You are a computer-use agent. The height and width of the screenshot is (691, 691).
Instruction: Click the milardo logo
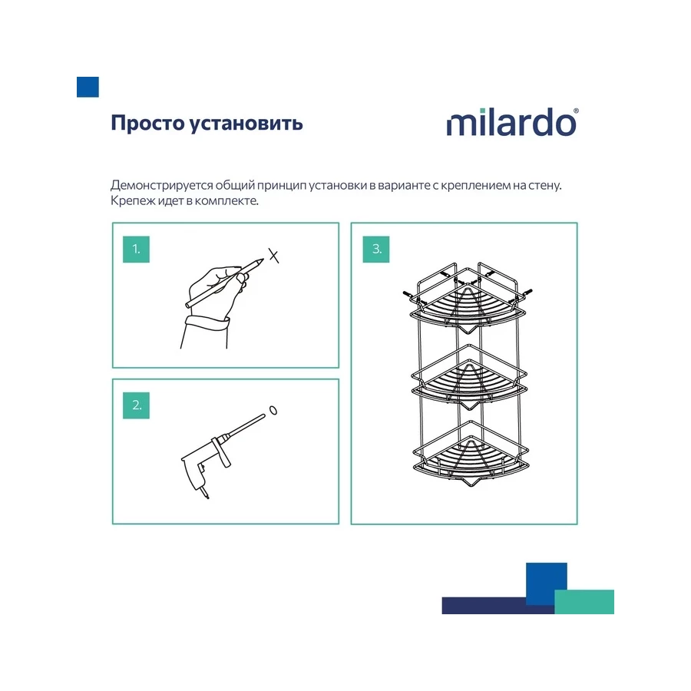coord(511,123)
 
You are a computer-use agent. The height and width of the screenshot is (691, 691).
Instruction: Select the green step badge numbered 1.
coord(136,249)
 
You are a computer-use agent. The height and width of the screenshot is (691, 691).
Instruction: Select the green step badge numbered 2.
coord(136,405)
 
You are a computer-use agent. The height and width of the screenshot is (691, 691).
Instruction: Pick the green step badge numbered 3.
coord(376,249)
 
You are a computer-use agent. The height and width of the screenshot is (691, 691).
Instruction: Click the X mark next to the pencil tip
coord(273,256)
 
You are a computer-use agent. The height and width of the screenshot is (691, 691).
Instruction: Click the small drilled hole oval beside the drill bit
coord(274,410)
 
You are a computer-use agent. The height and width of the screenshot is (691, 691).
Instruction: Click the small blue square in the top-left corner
coord(88,87)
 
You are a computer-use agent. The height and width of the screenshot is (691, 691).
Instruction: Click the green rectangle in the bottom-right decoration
coord(584,602)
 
